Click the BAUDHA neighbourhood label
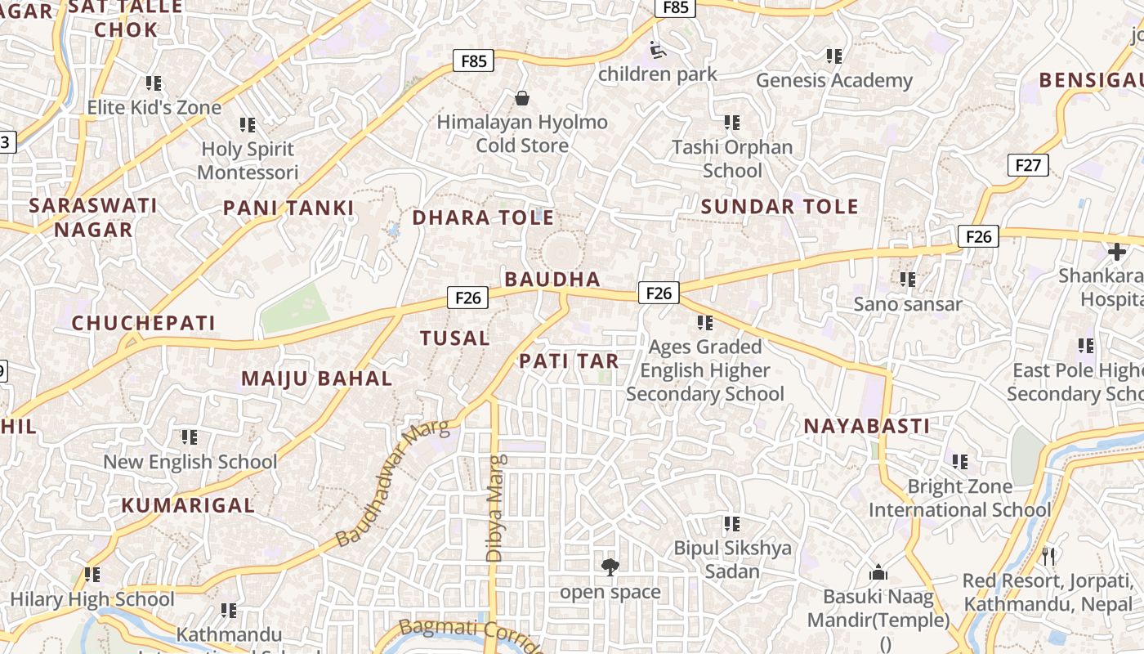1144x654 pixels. [x=552, y=279]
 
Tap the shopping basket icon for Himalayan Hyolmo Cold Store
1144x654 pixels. [x=522, y=99]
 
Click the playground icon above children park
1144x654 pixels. [x=658, y=50]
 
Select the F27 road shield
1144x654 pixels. [x=1027, y=165]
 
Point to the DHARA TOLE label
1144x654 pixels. [x=483, y=217]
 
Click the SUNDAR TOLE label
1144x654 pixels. [x=780, y=207]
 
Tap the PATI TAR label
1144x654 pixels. [x=569, y=361]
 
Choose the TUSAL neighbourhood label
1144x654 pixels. [x=454, y=338]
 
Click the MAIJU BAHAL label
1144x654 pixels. [x=317, y=379]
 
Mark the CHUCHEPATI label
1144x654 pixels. [x=144, y=323]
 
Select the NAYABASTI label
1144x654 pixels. [x=867, y=426]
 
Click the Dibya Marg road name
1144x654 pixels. [x=495, y=508]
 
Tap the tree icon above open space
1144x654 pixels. [x=610, y=567]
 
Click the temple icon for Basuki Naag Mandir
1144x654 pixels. [x=878, y=572]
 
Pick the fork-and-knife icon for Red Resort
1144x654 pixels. [x=1048, y=557]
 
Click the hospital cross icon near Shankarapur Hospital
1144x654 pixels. [x=1116, y=252]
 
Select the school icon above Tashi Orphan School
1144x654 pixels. [x=731, y=123]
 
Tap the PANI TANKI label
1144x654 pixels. [x=288, y=208]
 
